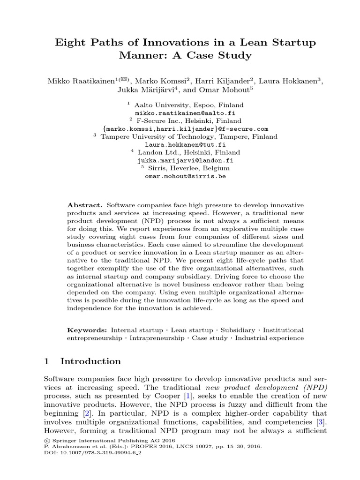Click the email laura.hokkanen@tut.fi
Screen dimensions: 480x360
point(180,145)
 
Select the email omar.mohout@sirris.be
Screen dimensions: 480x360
point(180,176)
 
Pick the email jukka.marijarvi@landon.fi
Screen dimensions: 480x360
point(180,160)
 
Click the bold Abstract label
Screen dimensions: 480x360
point(85,205)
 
